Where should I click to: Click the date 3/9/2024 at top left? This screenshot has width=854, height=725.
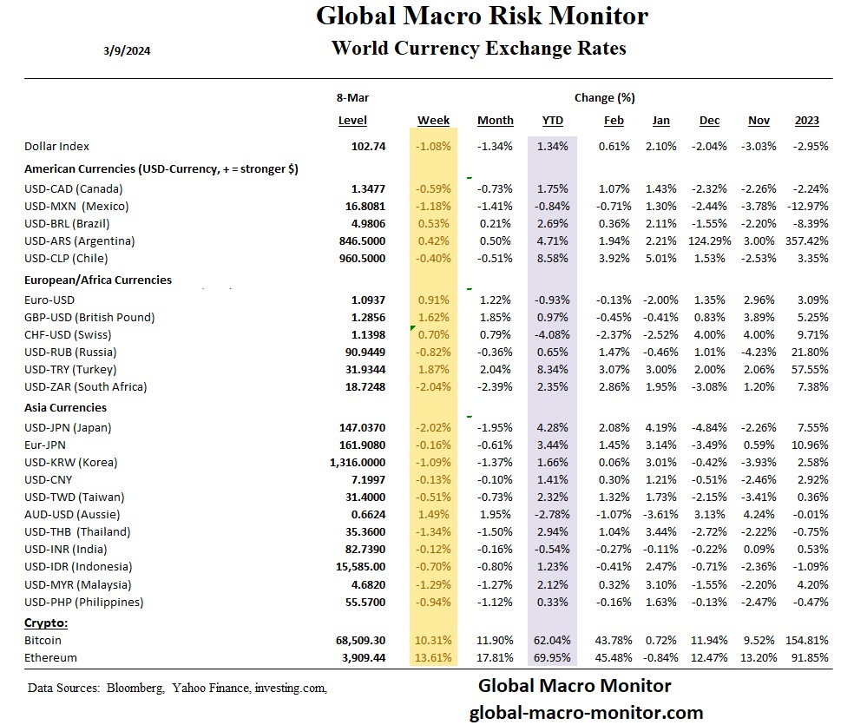[x=127, y=50]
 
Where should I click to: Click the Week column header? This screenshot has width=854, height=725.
[x=433, y=121]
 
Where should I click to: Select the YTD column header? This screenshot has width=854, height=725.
[x=552, y=121]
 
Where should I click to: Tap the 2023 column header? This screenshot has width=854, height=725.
[x=806, y=121]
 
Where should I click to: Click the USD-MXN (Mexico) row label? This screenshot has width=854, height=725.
[x=76, y=206]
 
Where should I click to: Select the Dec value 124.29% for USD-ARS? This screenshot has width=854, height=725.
[x=709, y=241]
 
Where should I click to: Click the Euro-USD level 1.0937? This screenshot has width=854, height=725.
[x=367, y=300]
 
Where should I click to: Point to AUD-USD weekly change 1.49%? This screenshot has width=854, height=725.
[x=435, y=514]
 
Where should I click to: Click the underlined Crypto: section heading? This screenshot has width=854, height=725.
[x=46, y=623]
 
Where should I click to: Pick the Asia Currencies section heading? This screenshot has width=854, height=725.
[x=66, y=407]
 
